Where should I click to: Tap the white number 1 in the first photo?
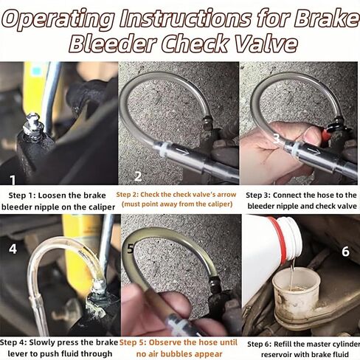(13, 180)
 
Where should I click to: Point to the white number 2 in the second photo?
(138, 176)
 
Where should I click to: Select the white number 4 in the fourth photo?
(13, 249)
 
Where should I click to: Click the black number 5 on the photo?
(131, 249)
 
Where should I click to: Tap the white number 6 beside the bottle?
(345, 252)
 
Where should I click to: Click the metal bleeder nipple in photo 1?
(33, 127)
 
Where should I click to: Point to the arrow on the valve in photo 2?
(181, 150)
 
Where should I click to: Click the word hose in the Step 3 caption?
(318, 195)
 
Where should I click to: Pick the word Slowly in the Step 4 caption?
(44, 342)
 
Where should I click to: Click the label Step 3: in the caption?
(258, 195)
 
